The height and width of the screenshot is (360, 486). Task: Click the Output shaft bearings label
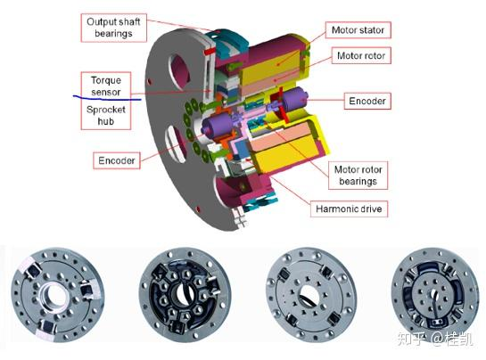pos(113,28)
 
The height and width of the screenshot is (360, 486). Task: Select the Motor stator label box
pos(358,30)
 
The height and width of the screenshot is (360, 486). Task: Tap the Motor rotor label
pos(361,55)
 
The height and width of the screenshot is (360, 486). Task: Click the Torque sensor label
pos(106,86)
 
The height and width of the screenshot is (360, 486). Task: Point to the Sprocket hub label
pos(106,115)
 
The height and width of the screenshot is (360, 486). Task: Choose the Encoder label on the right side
pos(367,101)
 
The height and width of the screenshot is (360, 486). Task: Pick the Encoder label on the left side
pos(117,160)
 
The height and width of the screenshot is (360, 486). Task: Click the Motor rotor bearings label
pos(358,176)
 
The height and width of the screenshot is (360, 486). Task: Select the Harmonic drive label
pos(349,209)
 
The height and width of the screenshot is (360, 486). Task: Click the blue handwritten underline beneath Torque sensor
pos(107,99)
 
